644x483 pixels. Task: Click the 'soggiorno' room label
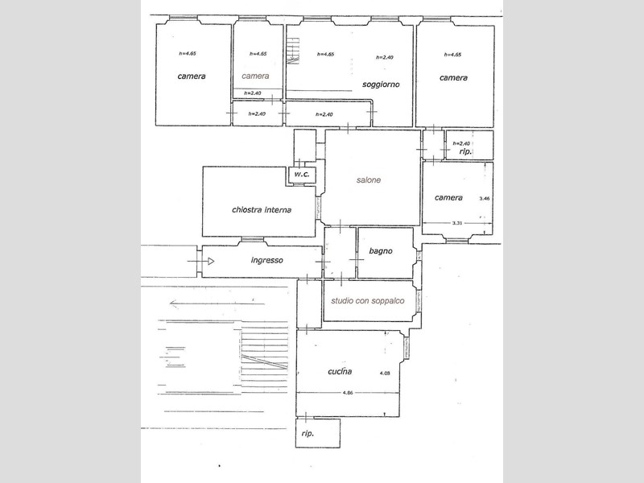tap(381, 85)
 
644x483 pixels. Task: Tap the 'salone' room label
tap(369, 180)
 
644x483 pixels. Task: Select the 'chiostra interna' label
tap(262, 210)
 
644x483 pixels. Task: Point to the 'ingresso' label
tap(267, 260)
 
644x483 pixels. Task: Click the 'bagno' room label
tap(380, 251)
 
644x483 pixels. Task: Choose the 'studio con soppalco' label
tap(368, 300)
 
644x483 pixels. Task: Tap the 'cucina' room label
tap(340, 371)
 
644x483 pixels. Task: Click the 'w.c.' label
tap(301, 174)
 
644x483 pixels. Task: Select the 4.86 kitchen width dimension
tap(348, 393)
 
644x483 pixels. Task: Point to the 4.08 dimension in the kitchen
tap(385, 374)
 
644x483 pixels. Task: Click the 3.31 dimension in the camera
tap(457, 223)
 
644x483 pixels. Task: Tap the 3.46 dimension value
tap(485, 198)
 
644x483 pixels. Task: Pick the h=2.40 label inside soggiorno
tap(385, 57)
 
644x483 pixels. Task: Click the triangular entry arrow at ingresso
tap(211, 261)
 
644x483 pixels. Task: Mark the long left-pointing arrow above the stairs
tap(217, 304)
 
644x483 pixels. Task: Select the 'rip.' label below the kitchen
tap(308, 433)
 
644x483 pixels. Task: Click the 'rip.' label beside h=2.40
tap(465, 151)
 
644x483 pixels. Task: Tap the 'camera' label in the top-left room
tap(192, 76)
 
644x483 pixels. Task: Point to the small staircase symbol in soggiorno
tap(293, 52)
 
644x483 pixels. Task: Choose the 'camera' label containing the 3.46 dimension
tap(448, 197)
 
